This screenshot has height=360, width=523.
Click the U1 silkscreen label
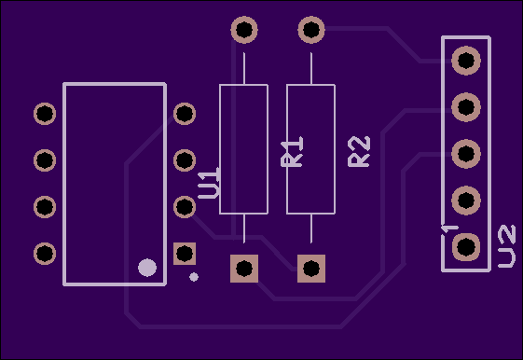(209, 184)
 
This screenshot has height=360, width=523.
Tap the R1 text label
(292, 151)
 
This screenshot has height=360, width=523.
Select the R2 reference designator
(359, 151)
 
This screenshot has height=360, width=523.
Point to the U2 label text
(506, 246)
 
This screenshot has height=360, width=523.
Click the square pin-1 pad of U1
(185, 254)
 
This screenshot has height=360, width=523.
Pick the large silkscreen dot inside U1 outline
(147, 268)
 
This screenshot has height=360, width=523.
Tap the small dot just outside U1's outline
(194, 277)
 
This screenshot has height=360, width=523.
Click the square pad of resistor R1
(244, 269)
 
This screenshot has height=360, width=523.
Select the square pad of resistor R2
(311, 269)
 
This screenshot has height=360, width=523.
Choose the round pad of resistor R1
(244, 29)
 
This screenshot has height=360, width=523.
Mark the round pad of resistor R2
(311, 29)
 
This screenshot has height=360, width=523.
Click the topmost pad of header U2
(466, 61)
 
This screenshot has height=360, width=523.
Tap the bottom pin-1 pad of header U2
(466, 247)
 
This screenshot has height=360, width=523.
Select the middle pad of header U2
(466, 154)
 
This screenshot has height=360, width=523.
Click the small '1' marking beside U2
(450, 229)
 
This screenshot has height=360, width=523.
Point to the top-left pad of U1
(45, 114)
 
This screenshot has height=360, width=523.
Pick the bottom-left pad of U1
(45, 254)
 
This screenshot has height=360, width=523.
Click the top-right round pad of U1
(185, 114)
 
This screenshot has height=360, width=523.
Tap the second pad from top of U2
(466, 107)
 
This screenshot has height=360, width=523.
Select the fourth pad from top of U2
(466, 201)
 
